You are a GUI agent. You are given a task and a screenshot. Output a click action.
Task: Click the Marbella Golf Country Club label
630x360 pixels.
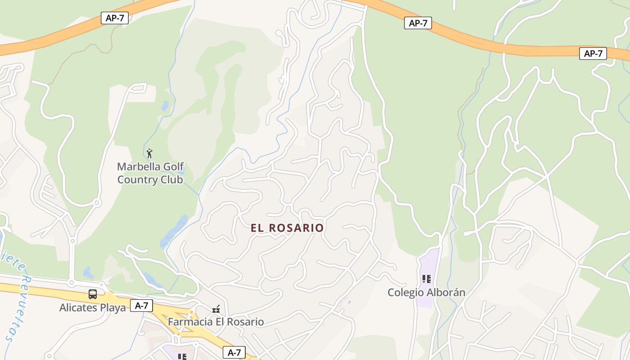pyautogui.click(x=150, y=173)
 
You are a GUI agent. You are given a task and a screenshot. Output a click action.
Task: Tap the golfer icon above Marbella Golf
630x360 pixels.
pyautogui.click(x=150, y=153)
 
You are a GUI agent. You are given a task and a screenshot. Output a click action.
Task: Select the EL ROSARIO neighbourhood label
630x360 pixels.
pyautogui.click(x=287, y=228)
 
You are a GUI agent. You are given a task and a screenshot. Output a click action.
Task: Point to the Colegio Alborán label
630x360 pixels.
pyautogui.click(x=426, y=292)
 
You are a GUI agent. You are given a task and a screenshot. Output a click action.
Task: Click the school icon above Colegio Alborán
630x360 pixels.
pyautogui.click(x=427, y=279)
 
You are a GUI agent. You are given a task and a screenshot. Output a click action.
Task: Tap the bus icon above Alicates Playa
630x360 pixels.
pyautogui.click(x=93, y=294)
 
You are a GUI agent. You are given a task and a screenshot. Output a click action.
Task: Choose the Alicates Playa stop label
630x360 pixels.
pyautogui.click(x=93, y=308)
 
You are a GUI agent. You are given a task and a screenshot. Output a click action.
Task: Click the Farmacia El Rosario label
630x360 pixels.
pyautogui.click(x=216, y=322)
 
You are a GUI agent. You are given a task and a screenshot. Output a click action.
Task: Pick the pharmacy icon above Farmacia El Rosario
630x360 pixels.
pyautogui.click(x=216, y=309)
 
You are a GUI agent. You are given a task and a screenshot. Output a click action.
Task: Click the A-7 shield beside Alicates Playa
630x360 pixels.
pyautogui.click(x=142, y=306)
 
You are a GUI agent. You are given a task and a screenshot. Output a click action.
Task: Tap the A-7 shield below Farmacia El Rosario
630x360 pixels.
pyautogui.click(x=234, y=352)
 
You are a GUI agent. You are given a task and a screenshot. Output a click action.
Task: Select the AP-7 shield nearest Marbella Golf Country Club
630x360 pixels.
pyautogui.click(x=115, y=18)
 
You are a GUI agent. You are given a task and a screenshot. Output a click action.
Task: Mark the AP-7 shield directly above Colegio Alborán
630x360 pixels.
pyautogui.click(x=418, y=23)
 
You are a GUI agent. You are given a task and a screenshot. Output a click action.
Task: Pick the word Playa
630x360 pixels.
pyautogui.click(x=113, y=308)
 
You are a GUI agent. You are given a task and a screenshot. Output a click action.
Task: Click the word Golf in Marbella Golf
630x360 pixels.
pyautogui.click(x=173, y=167)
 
